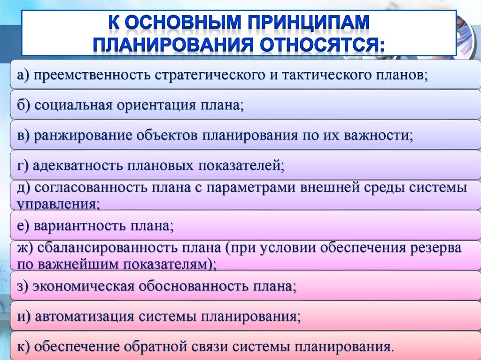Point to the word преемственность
click(92, 75)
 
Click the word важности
click(376, 135)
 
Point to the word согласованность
click(91, 187)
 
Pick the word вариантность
click(79, 226)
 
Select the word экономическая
click(84, 286)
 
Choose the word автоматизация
click(85, 316)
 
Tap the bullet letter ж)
click(25, 248)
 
